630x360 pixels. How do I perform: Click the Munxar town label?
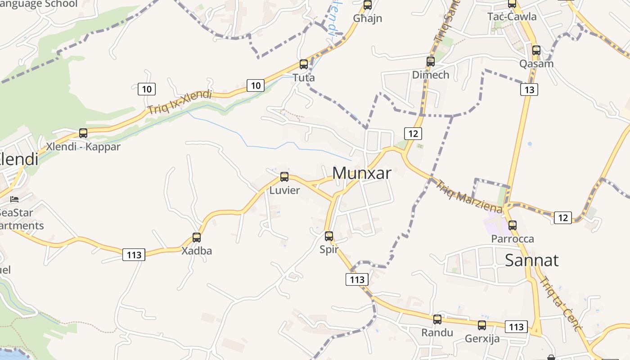tap(362, 173)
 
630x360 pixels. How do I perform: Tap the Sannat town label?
tap(531, 260)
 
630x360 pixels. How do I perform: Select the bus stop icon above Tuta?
tap(304, 64)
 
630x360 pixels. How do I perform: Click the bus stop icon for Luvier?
tap(284, 177)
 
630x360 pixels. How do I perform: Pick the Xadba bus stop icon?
tap(197, 237)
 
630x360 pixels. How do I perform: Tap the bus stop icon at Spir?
tap(329, 236)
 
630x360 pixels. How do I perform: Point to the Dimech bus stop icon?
tap(431, 62)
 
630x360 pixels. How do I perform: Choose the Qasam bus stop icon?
tap(536, 50)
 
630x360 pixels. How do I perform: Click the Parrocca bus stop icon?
tap(512, 225)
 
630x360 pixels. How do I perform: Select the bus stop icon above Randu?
tap(437, 319)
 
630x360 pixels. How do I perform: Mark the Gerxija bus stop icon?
tap(482, 325)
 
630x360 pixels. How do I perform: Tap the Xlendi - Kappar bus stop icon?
tap(83, 133)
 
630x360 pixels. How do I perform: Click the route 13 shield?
tap(529, 90)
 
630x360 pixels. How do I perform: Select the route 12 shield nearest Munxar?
tap(413, 133)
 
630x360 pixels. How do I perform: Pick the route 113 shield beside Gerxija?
tap(516, 327)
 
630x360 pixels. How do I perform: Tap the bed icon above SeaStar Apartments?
tap(14, 199)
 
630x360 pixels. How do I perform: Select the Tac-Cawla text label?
tap(512, 17)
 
